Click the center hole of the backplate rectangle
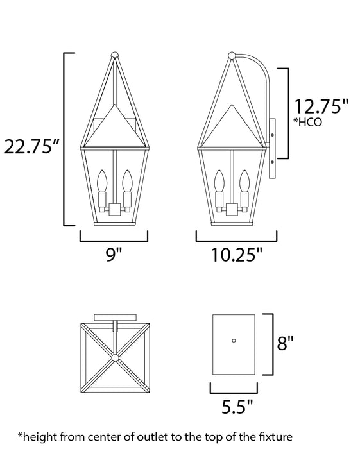[x=234, y=339]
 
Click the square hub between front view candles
[x=114, y=209]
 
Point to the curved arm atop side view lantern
[x=257, y=71]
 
